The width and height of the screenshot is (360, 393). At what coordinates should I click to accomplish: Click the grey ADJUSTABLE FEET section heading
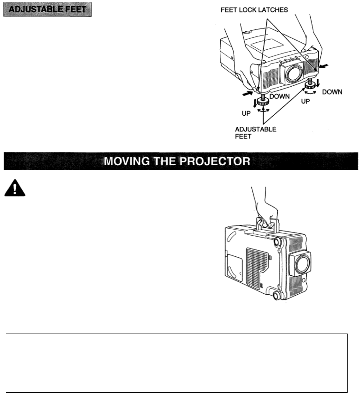47,10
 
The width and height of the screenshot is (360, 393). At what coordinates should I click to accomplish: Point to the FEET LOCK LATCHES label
254,10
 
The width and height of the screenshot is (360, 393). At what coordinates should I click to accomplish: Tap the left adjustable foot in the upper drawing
263,100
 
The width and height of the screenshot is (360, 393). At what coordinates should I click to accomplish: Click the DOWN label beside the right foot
332,92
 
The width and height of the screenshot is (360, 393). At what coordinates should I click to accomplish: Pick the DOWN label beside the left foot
280,97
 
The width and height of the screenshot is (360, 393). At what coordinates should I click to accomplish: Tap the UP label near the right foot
305,102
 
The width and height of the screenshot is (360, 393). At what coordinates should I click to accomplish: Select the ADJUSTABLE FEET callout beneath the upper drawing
255,133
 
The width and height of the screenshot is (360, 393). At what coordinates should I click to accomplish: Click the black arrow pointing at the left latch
247,94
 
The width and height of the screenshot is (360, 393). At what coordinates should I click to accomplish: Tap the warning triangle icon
15,190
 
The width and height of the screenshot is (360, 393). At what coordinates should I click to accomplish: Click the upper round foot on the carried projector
278,241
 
